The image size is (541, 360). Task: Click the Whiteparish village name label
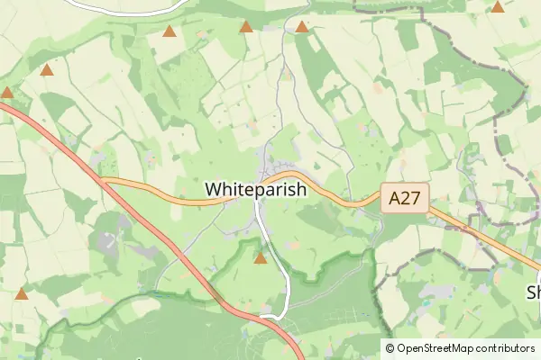pos(256,190)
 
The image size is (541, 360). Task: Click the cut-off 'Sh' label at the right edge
pos(533,292)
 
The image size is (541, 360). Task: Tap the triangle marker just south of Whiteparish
pos(261,259)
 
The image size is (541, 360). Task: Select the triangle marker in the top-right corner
pos(498,7)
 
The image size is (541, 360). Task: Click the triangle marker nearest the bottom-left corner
pos(22,293)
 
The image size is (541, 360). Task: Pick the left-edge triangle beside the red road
pos(6,92)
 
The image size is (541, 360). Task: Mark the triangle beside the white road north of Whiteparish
pos(301,27)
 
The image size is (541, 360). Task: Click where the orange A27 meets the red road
pos(102,180)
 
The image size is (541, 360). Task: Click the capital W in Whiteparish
pos(214,190)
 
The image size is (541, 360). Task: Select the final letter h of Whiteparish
pos(301,190)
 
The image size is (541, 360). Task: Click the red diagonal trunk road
pos(162,238)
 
